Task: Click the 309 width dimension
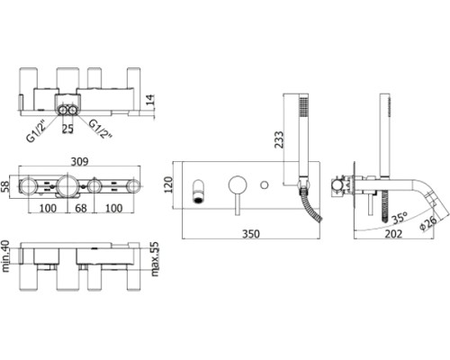80,162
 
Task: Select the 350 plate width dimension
251,234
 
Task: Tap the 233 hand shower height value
279,139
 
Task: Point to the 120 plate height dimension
169,184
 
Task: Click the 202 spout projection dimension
393,234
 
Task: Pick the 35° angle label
400,218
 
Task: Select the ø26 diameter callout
427,223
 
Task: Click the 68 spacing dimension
81,208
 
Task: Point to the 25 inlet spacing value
67,129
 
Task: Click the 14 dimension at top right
150,100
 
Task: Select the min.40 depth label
5,256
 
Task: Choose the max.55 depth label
155,259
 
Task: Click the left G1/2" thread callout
36,130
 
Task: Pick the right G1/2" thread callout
101,129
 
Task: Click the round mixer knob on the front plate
238,185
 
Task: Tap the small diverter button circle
265,184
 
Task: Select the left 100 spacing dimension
48,208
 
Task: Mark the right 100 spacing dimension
114,208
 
